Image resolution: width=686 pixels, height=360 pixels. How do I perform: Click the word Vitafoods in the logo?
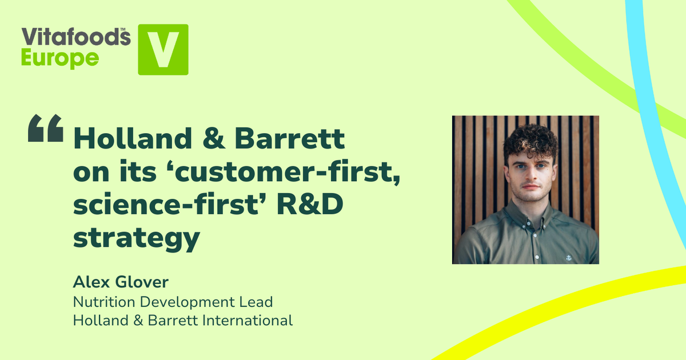(x=75, y=37)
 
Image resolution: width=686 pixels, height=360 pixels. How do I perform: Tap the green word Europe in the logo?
(x=60, y=58)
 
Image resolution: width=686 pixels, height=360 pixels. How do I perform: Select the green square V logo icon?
(x=163, y=49)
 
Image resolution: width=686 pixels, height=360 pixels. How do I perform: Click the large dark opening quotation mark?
(x=45, y=129)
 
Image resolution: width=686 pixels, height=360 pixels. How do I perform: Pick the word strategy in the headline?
(x=136, y=239)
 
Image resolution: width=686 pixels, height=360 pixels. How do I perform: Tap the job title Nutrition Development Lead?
(x=173, y=301)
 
